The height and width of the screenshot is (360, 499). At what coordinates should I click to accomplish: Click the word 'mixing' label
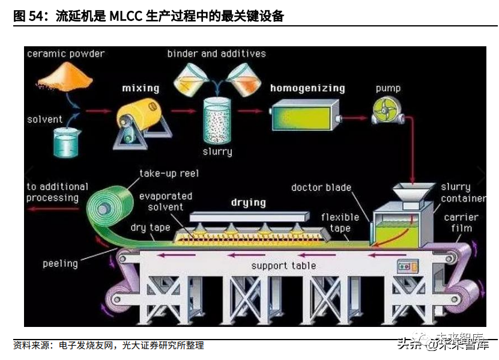point(141,88)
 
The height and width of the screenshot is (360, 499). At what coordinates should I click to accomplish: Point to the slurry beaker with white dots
point(217,120)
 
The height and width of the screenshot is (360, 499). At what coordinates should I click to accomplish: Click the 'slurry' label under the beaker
point(217,151)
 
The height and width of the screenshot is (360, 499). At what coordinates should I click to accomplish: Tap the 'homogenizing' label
point(307,88)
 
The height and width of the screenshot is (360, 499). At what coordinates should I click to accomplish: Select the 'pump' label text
point(388,88)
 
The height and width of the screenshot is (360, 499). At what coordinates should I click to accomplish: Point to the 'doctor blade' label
point(321,188)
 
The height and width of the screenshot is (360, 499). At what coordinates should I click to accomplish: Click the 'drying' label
point(248,202)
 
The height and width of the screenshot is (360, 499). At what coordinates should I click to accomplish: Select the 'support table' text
point(283,265)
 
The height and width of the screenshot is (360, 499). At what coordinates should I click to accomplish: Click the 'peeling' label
point(60,263)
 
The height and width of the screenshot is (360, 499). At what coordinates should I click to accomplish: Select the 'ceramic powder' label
point(65,54)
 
